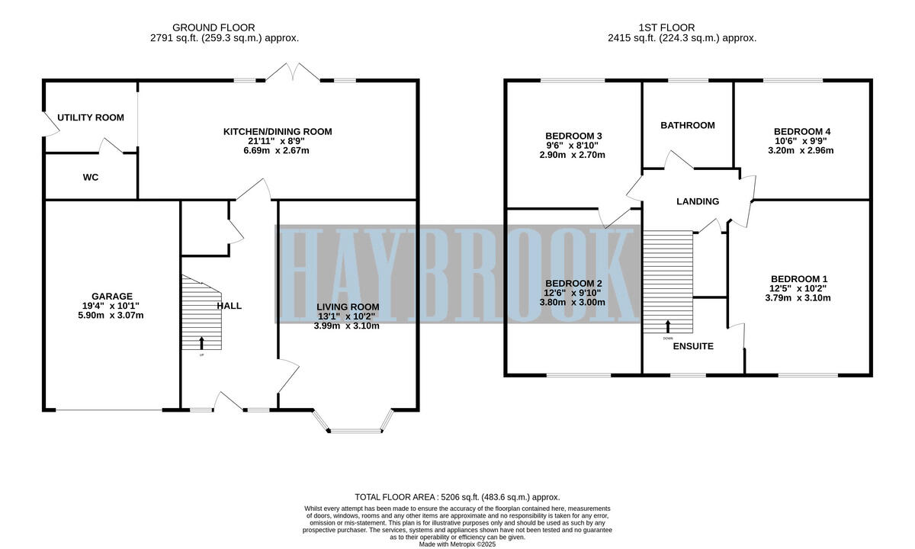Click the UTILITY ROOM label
point(91,117)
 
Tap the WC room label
point(91,177)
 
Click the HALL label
point(229,306)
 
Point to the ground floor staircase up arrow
point(202,342)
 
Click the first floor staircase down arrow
point(668,326)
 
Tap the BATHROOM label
point(687,125)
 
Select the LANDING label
point(698,202)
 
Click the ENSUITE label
point(693,346)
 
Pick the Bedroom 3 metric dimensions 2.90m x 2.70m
point(573,155)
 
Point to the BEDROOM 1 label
point(798,278)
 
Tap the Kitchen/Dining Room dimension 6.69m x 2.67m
point(277,150)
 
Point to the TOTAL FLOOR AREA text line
point(457,496)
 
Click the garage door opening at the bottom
point(108,410)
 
